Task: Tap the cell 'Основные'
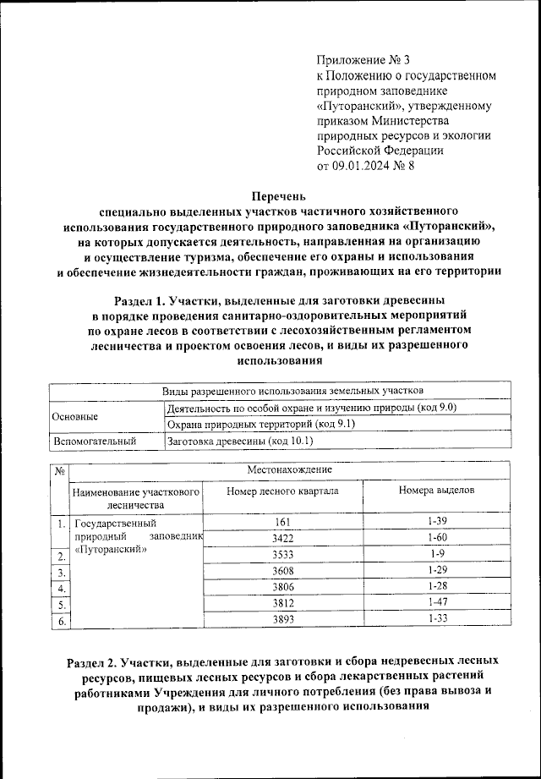[75, 416]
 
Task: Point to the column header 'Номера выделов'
[436, 491]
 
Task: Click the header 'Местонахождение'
[290, 469]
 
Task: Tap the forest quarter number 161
[283, 522]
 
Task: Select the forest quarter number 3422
[283, 538]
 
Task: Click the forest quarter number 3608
[283, 570]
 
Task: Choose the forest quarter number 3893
[283, 619]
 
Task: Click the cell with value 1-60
[437, 538]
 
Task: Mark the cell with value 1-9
[437, 554]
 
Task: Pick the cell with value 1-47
[437, 602]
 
